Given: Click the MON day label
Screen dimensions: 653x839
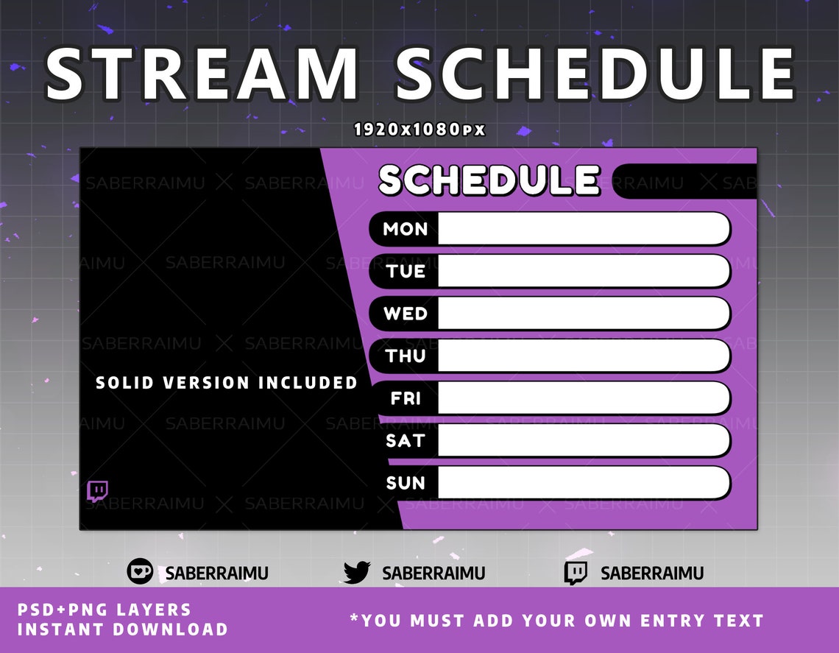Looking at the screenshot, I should (x=405, y=229).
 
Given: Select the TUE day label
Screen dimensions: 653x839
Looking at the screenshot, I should (x=405, y=272).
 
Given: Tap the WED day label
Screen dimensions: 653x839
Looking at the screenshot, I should (x=405, y=314).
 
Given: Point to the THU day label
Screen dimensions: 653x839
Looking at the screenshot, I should (x=405, y=356).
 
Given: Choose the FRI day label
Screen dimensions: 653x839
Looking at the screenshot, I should (x=405, y=398).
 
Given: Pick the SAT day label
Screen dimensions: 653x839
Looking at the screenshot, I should (x=405, y=441).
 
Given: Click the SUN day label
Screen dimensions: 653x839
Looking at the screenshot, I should (x=405, y=483).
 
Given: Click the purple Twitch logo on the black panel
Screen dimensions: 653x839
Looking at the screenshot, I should (x=97, y=491).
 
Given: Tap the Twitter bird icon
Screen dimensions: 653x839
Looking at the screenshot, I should (x=357, y=573).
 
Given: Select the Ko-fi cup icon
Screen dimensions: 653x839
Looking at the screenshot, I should (x=140, y=572).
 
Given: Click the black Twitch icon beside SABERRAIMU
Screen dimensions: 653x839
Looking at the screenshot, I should (x=576, y=573).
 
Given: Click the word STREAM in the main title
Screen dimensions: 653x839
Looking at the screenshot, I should (x=201, y=74).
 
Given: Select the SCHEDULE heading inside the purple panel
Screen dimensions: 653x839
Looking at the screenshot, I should (x=489, y=180).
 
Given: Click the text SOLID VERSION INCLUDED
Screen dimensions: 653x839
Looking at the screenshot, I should (x=227, y=383).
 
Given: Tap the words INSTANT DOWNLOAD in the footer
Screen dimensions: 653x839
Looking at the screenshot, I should (x=123, y=629).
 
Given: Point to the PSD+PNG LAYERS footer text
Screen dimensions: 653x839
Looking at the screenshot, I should (x=105, y=610).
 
